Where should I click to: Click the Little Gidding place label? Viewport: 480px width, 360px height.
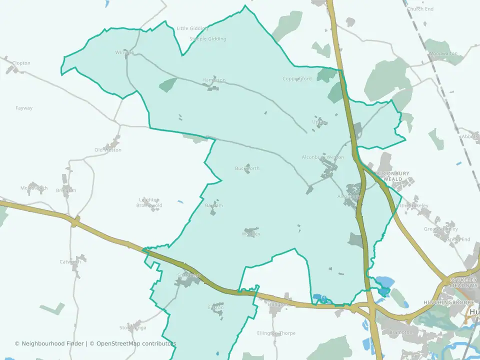click(x=189, y=28)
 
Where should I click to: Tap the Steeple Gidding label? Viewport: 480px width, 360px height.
click(x=208, y=39)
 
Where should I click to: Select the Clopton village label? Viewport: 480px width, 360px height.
click(x=21, y=63)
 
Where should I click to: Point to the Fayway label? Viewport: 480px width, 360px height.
click(x=24, y=108)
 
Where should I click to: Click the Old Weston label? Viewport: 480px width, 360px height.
click(x=108, y=150)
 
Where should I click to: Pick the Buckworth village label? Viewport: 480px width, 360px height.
click(x=247, y=168)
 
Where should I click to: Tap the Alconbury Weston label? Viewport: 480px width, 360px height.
click(x=323, y=157)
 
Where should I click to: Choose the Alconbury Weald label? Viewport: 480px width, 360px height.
click(x=396, y=176)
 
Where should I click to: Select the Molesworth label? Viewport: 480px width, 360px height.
click(x=34, y=188)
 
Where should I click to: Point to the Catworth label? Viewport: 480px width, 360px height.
click(x=70, y=262)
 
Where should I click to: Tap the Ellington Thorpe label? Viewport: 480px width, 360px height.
click(x=276, y=333)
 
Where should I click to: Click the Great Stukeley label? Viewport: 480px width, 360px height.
click(x=440, y=229)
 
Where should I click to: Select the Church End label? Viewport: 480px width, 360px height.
click(x=420, y=9)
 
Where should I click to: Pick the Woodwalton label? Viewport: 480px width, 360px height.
click(x=442, y=53)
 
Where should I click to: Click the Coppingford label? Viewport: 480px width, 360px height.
click(x=297, y=79)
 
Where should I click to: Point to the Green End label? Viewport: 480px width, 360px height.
click(x=458, y=240)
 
